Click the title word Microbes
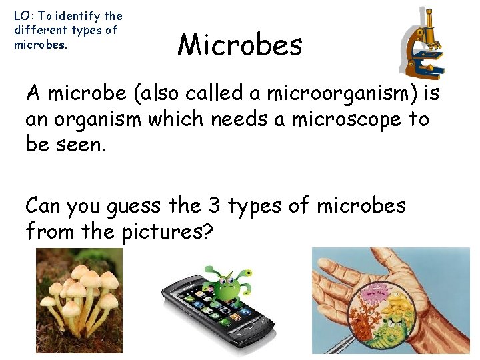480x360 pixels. (x=240, y=45)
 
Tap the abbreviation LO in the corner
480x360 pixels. (x=21, y=15)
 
